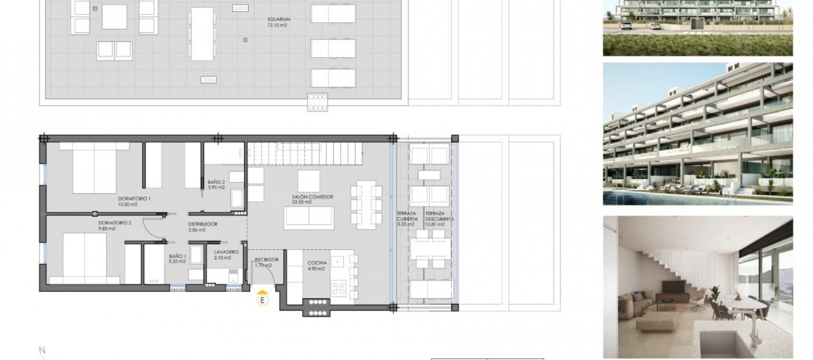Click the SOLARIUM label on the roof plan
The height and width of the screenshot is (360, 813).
pos(279,19)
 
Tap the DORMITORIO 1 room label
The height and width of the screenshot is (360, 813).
pos(134,198)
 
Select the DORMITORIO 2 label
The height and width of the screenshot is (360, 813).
pos(115,223)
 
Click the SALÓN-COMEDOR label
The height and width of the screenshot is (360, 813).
pos(312,197)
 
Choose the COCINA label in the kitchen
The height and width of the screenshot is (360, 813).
pos(317,263)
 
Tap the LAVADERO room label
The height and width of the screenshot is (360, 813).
pos(226,252)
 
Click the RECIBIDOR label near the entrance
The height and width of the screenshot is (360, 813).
pos(266,260)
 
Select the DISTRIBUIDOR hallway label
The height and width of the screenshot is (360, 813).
pos(203,224)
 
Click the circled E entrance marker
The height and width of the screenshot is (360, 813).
pos(263,301)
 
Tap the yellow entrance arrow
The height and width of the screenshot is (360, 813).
pos(263,292)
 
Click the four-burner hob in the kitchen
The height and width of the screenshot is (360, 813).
pos(339,288)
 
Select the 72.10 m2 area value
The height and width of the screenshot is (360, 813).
pos(277,25)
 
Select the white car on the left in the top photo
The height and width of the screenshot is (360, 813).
pos(626,27)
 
